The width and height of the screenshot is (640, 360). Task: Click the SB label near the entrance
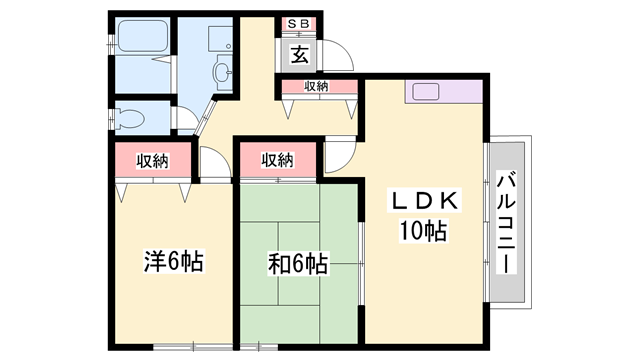(x=298, y=24)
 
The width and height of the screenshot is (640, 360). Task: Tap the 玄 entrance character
(x=299, y=54)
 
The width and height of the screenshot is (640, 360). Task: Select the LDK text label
(x=424, y=200)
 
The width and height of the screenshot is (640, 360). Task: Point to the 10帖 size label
(x=423, y=231)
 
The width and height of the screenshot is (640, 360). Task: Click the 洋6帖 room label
(x=173, y=262)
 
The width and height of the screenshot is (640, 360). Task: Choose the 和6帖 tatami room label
(x=298, y=264)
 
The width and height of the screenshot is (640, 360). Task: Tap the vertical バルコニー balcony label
(x=506, y=222)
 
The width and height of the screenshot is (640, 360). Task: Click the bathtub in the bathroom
(x=143, y=36)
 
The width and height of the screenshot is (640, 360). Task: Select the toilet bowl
(x=131, y=118)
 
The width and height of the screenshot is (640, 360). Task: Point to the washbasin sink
(x=222, y=73)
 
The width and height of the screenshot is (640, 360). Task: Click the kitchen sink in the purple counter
(x=425, y=92)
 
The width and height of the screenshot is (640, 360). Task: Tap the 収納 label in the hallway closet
(x=316, y=86)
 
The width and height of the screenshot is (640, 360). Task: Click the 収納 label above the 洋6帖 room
(x=152, y=161)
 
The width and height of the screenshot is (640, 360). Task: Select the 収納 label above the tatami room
(x=278, y=160)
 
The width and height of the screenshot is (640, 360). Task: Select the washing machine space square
(x=220, y=38)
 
